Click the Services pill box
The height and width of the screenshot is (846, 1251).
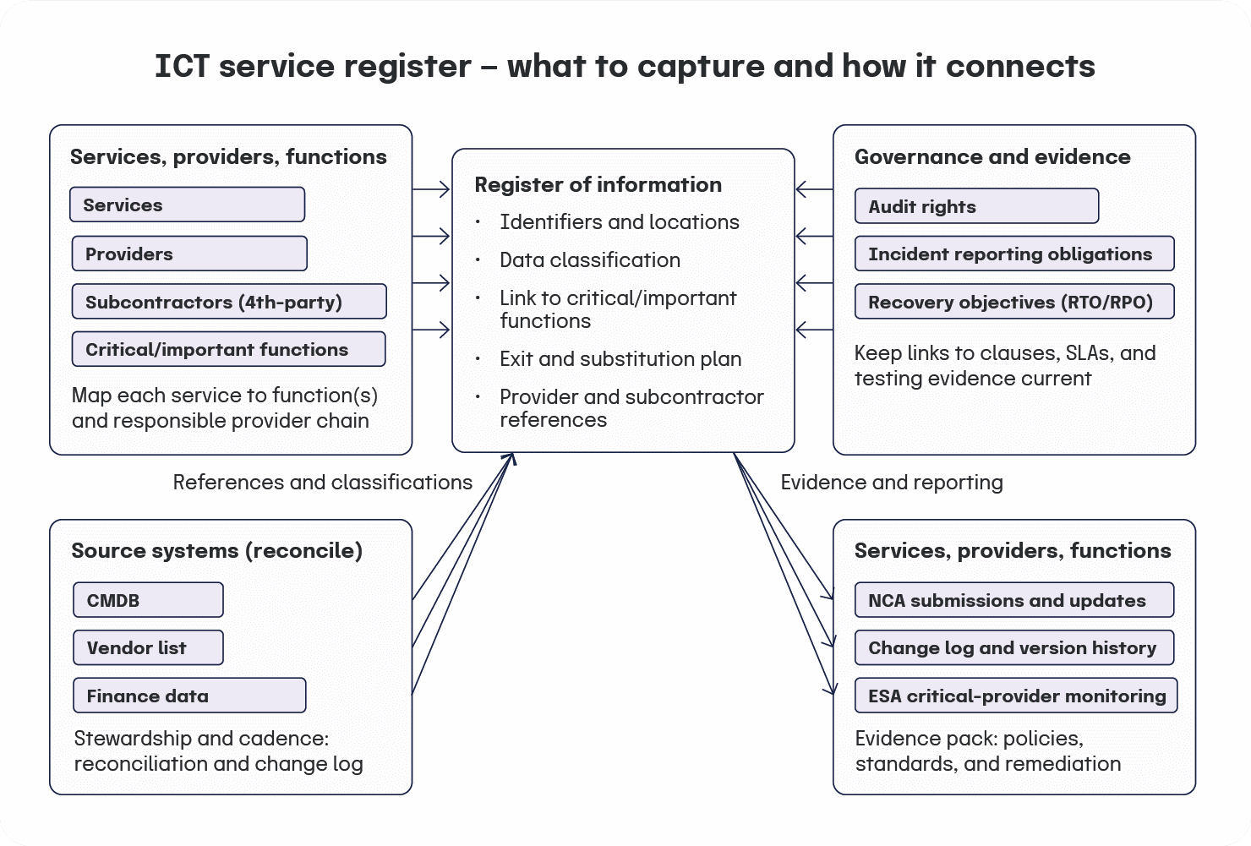tap(187, 205)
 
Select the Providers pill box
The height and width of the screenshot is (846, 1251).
tap(189, 254)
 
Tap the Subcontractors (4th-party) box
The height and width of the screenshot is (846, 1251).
tap(228, 302)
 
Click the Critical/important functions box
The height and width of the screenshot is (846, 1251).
tap(228, 350)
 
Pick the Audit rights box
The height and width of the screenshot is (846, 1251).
tap(976, 206)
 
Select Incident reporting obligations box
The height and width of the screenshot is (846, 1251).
tap(1014, 254)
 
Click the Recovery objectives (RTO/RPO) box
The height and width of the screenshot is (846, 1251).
tap(1014, 302)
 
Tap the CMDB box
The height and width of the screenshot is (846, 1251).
tap(148, 600)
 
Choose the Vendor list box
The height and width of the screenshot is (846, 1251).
tap(148, 648)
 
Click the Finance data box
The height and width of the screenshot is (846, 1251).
tap(189, 696)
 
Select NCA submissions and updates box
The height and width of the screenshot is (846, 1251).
tap(1014, 600)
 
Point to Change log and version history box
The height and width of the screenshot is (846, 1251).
tap(1014, 648)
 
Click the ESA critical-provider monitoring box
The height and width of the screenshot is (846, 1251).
tap(1016, 696)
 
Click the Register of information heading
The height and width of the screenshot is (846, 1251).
tap(598, 185)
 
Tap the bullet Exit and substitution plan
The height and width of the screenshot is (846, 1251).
tap(620, 359)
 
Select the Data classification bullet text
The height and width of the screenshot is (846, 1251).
tap(589, 260)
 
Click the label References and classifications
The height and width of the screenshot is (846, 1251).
tap(322, 483)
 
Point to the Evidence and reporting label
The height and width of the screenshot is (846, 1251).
tap(891, 483)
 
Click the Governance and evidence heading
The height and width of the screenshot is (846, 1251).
tap(992, 157)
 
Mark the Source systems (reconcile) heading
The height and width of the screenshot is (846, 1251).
tap(216, 551)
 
